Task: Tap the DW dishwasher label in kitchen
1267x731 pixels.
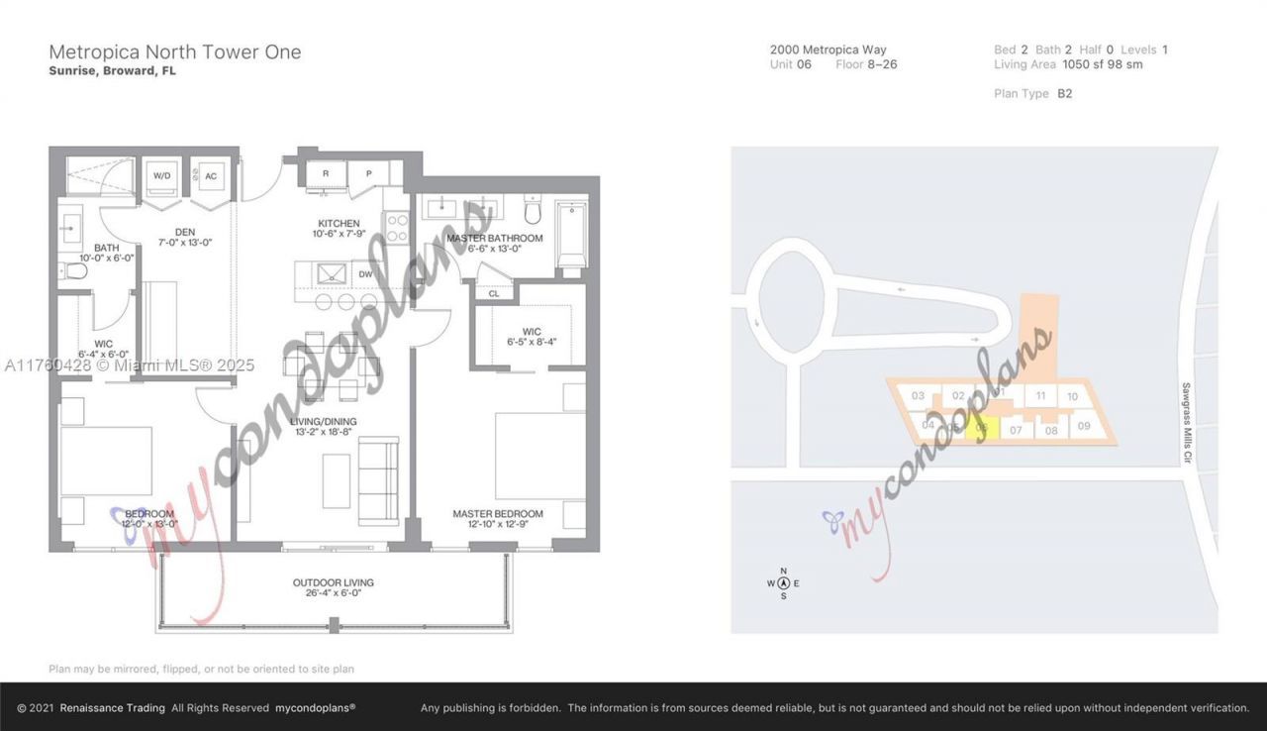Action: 365,274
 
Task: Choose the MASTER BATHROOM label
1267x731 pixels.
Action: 494,239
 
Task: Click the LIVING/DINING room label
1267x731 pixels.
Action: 324,421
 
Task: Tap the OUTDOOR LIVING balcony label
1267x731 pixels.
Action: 333,582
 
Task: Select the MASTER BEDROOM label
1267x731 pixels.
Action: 498,514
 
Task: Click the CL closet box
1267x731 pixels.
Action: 493,293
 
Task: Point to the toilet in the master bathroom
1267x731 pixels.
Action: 533,211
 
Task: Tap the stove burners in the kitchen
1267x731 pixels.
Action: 396,229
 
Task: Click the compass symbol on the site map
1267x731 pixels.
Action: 783,583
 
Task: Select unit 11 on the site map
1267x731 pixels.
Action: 1039,396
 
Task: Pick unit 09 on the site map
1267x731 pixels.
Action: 1083,427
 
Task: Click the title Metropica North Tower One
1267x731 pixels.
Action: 175,52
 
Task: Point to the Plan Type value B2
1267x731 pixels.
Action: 1064,93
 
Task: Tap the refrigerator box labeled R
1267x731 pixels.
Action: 326,172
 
